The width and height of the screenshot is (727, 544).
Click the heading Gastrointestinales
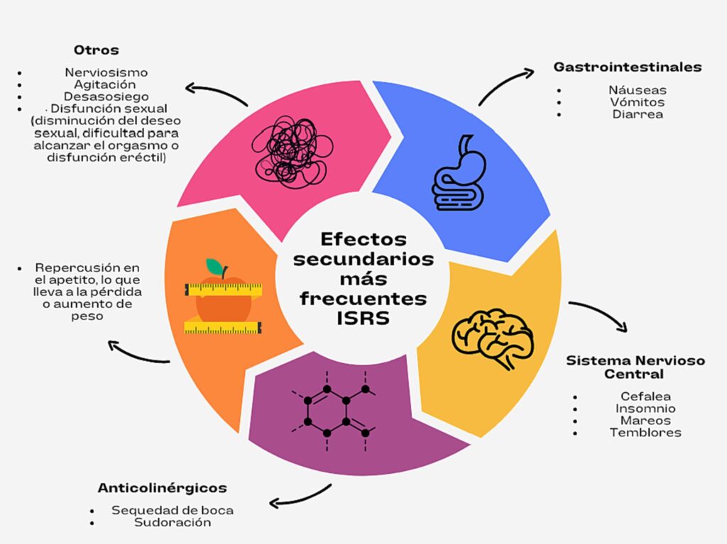(x=628, y=67)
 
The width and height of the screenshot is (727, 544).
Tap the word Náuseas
(x=638, y=90)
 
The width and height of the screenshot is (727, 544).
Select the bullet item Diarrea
(x=638, y=114)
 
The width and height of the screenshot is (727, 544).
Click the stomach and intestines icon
(x=459, y=173)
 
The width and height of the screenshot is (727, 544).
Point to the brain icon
(x=493, y=338)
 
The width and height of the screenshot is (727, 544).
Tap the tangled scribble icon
(x=293, y=152)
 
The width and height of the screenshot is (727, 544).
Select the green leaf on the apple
(x=214, y=267)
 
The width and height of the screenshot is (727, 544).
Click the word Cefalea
(x=645, y=396)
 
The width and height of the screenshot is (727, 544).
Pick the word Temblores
(x=645, y=433)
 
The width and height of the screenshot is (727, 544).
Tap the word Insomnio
(x=645, y=409)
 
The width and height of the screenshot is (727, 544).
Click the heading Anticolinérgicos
(x=163, y=488)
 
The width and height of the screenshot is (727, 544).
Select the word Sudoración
(x=173, y=522)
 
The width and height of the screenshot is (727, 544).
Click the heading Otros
(x=96, y=50)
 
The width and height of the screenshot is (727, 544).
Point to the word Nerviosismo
(x=106, y=72)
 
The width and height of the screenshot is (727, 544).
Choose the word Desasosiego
(x=106, y=96)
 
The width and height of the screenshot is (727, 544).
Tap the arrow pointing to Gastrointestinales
(x=505, y=85)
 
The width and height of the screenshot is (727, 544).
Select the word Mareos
(x=645, y=421)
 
